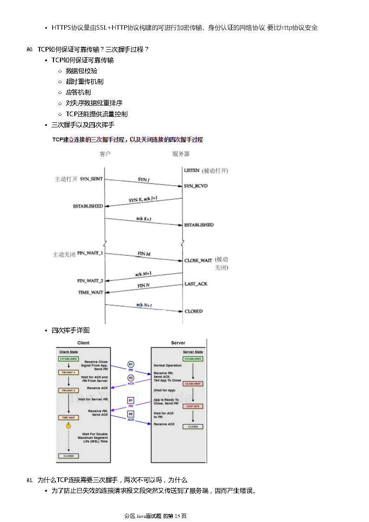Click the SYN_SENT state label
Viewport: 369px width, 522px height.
click(x=92, y=178)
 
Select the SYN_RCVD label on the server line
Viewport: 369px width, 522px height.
click(x=196, y=186)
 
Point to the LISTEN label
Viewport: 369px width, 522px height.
click(x=191, y=171)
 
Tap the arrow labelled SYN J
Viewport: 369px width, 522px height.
click(x=143, y=182)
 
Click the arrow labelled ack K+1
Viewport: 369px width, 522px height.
click(x=143, y=221)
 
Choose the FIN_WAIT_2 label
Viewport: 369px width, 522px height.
click(x=90, y=281)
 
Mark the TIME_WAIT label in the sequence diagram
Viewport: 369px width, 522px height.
click(x=91, y=292)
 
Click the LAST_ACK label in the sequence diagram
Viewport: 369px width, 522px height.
click(x=196, y=284)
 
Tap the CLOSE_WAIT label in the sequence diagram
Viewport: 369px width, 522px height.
click(x=198, y=260)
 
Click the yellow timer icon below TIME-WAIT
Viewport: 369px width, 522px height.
click(x=68, y=425)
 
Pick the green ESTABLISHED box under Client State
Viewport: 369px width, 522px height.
click(x=68, y=359)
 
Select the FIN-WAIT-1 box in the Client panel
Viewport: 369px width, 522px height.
click(x=68, y=372)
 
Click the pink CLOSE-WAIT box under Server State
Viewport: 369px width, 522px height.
click(x=193, y=384)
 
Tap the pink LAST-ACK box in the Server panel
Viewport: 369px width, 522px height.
click(x=193, y=406)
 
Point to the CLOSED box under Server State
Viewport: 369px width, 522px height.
click(x=193, y=426)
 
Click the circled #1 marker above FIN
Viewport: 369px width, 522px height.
click(x=131, y=364)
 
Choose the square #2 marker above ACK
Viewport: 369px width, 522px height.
click(x=131, y=414)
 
